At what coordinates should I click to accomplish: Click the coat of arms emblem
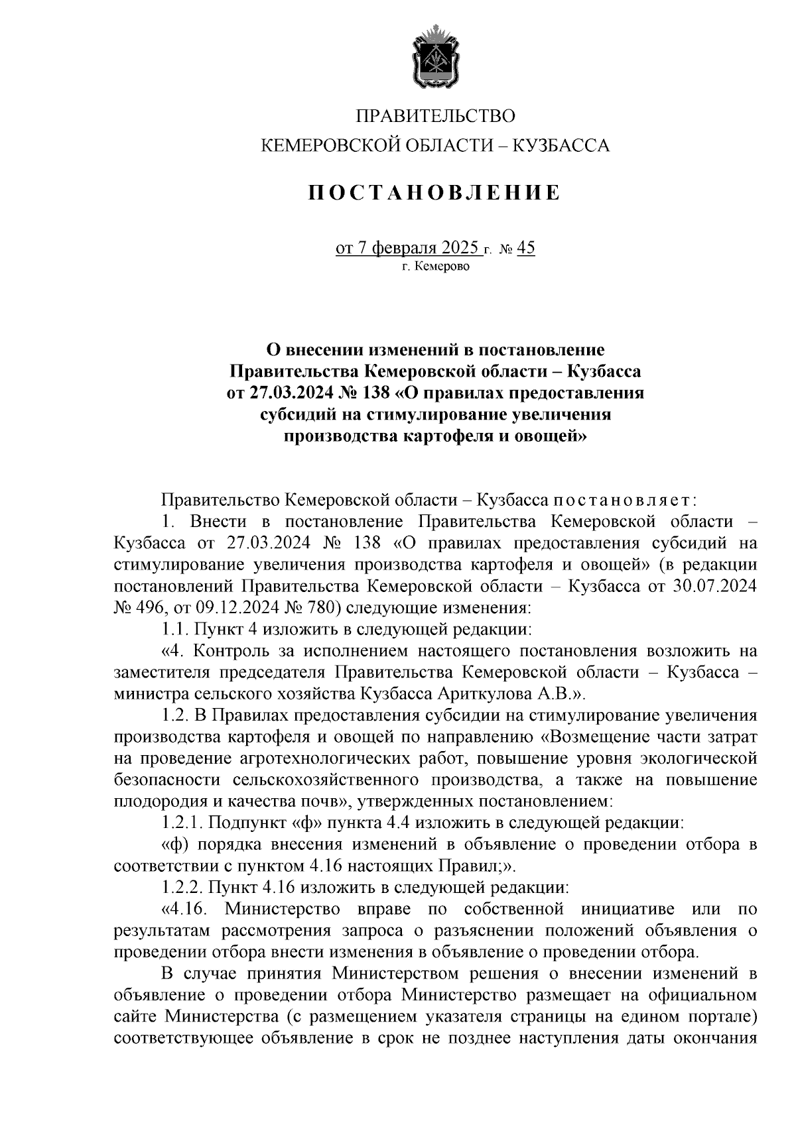pyautogui.click(x=435, y=58)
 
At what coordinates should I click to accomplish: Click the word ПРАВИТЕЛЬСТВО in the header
pyautogui.click(x=435, y=117)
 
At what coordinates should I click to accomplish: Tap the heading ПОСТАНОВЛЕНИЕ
pyautogui.click(x=435, y=193)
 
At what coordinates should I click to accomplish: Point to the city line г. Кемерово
pyautogui.click(x=435, y=266)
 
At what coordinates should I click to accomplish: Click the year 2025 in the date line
pyautogui.click(x=456, y=249)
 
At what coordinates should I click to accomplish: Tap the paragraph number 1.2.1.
pyautogui.click(x=182, y=823)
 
